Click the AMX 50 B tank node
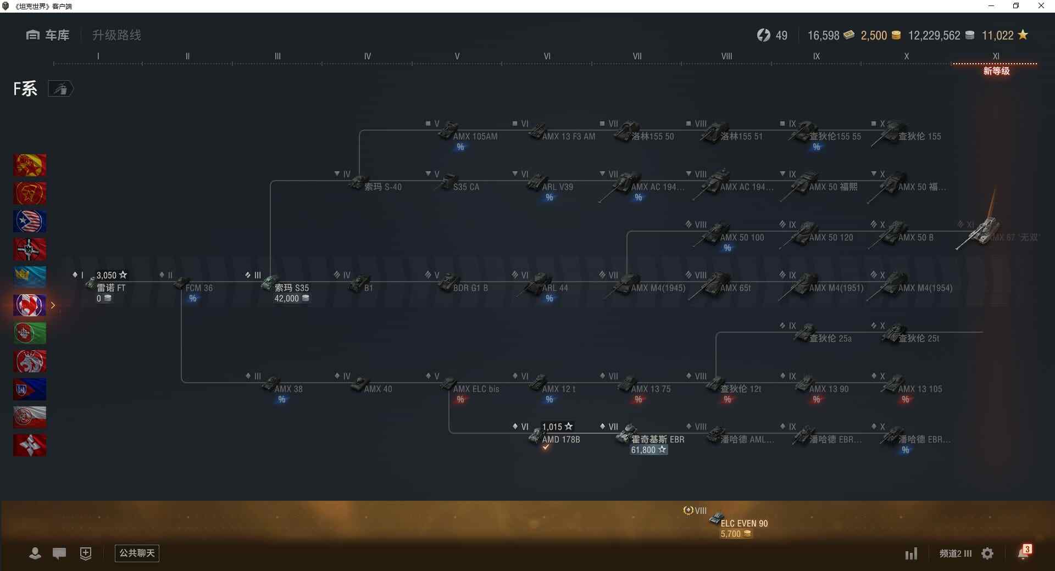(915, 237)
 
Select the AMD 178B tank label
(560, 439)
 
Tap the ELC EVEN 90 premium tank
(743, 523)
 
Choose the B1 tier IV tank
(368, 288)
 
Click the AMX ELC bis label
(476, 389)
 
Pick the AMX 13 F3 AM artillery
(568, 136)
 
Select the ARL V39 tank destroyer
(557, 187)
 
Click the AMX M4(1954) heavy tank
(925, 288)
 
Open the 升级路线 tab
(116, 35)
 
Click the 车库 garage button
(48, 35)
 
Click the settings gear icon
(987, 553)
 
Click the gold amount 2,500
(874, 36)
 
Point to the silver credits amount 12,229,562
(934, 36)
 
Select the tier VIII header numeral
(726, 56)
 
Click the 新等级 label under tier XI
(996, 71)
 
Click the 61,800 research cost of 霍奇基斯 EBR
(643, 450)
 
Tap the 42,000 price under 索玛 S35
(287, 298)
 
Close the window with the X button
(1041, 6)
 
